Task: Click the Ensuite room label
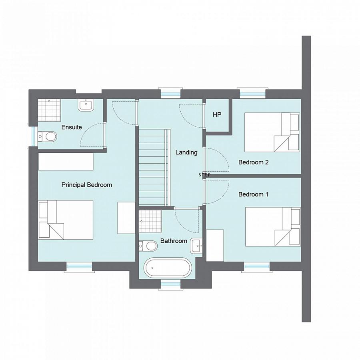[x=72, y=127]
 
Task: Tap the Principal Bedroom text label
[x=87, y=185]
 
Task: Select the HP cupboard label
[x=217, y=115]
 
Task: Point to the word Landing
[x=186, y=152]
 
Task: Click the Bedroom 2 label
[x=253, y=162]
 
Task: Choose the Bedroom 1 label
[x=253, y=194]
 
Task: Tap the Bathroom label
[x=174, y=241]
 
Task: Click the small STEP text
[x=204, y=175]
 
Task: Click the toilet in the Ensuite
[x=48, y=137]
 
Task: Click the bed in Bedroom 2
[x=272, y=132]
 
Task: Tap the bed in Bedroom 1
[x=272, y=226]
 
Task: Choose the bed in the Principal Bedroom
[x=66, y=220]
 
